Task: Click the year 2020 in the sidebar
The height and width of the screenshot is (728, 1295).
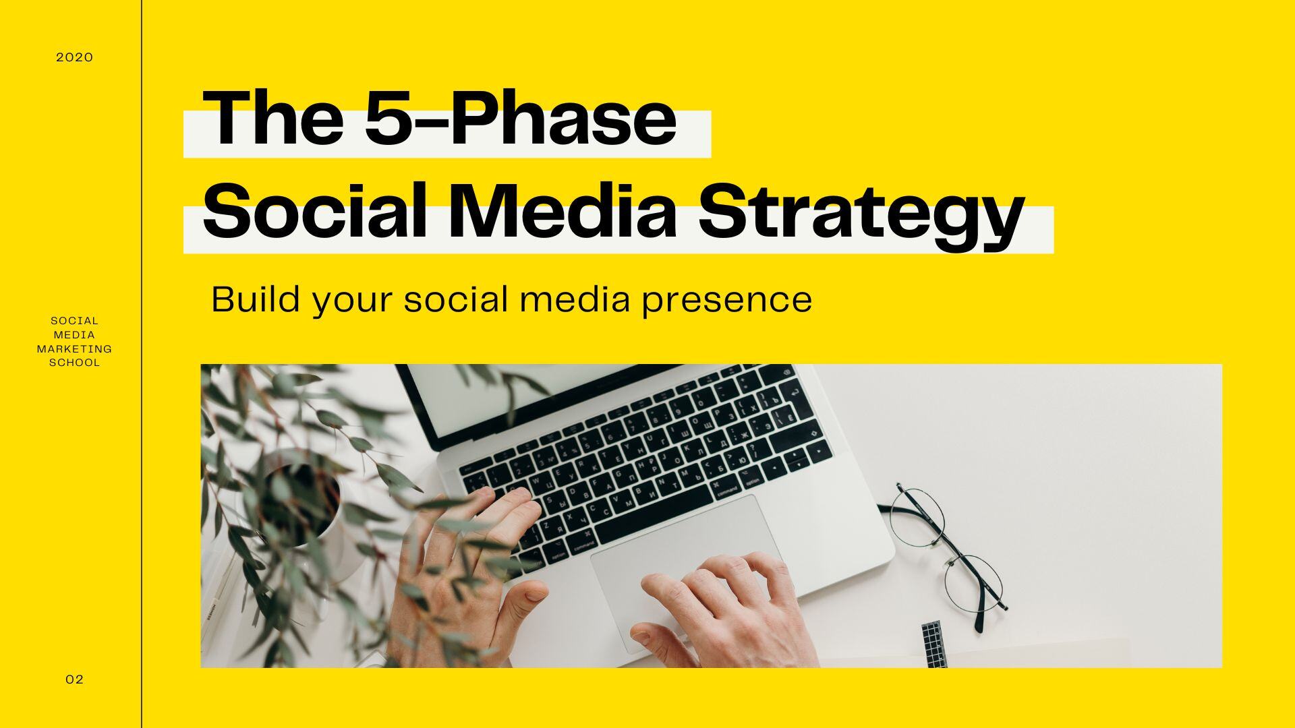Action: [x=74, y=57]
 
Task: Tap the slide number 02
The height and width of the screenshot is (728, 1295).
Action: [x=74, y=679]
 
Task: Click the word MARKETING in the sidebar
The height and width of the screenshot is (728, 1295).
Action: [x=74, y=348]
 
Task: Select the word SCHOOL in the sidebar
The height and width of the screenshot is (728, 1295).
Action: [x=74, y=363]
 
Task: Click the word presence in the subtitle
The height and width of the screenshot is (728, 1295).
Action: [x=726, y=300]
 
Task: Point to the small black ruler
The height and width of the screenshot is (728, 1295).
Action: [x=933, y=644]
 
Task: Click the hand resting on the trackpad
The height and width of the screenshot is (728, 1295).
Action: [x=722, y=607]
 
